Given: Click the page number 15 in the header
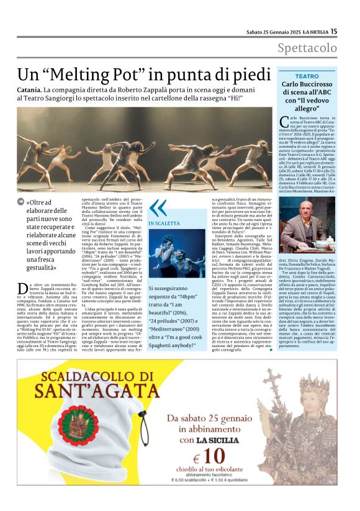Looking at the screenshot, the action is point(333,31).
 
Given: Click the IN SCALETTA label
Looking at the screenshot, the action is point(163,224).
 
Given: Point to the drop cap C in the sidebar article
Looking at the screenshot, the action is point(284,120).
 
